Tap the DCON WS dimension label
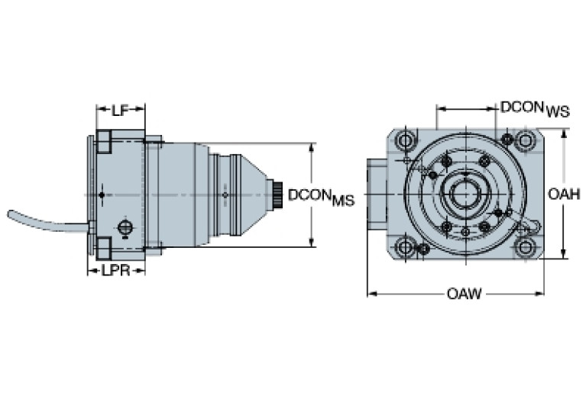[x=535, y=109]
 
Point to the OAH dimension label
[x=564, y=195]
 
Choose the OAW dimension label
[x=464, y=294]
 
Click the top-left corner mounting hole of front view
[x=405, y=140]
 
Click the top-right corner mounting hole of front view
[x=525, y=140]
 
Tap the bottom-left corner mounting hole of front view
[x=405, y=247]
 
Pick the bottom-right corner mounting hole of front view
[x=525, y=247]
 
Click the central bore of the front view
[x=463, y=194]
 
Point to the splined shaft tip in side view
[x=279, y=195]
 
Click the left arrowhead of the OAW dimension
[x=371, y=293]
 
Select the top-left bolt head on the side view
[x=104, y=140]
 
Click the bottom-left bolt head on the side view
[x=104, y=248]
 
